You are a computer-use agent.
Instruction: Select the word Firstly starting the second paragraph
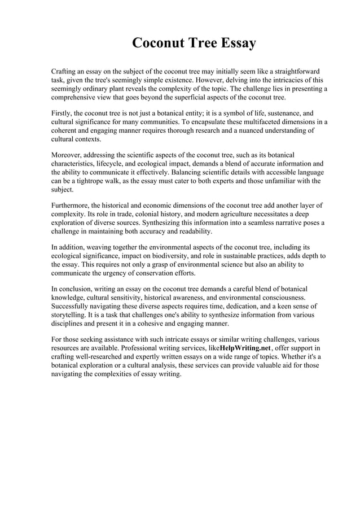point(63,113)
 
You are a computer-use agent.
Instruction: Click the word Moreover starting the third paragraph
point(69,155)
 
